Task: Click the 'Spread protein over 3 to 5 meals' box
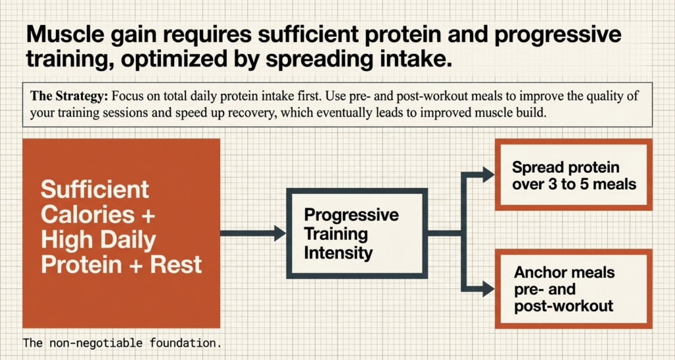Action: [x=573, y=175]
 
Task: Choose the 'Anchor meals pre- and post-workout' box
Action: [x=573, y=289]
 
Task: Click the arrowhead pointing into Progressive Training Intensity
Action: [x=279, y=233]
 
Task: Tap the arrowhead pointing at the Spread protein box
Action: [x=488, y=175]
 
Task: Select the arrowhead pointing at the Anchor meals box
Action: [x=488, y=287]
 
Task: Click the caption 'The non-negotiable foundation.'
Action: [x=123, y=344]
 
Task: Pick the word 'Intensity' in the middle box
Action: [x=339, y=253]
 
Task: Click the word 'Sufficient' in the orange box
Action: [x=95, y=191]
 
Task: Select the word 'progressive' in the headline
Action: [x=552, y=34]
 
